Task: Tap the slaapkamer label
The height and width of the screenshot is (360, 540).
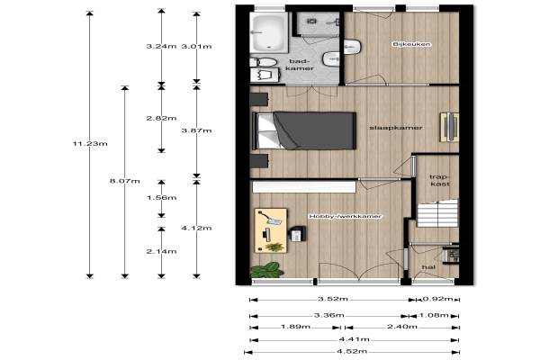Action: [x=396, y=128]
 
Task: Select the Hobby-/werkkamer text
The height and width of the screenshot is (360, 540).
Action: [x=345, y=216]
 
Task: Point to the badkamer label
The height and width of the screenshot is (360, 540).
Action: [x=300, y=65]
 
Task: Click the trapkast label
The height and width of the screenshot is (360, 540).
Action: [x=440, y=181]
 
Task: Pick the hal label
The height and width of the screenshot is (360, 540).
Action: [x=428, y=267]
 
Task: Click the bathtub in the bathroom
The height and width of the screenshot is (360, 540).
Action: [x=268, y=33]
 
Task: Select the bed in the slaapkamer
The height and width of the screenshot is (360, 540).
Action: [x=304, y=130]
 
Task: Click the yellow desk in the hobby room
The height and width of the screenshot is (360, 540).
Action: [x=271, y=230]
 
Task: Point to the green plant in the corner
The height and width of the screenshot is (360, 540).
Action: [x=267, y=270]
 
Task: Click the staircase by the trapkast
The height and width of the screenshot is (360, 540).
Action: [x=437, y=213]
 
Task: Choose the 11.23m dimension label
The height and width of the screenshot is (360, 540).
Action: [x=90, y=144]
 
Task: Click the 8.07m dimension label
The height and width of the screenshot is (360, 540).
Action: [x=125, y=181]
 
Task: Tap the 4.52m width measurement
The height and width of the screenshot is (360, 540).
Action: [x=352, y=352]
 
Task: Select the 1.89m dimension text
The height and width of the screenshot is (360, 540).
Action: [x=295, y=327]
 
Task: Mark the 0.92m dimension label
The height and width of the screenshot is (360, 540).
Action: [x=437, y=299]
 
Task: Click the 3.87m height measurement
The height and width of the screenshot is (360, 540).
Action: [x=196, y=130]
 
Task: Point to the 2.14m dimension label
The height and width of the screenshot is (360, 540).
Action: [x=161, y=251]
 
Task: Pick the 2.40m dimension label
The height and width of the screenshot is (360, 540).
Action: [x=402, y=327]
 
